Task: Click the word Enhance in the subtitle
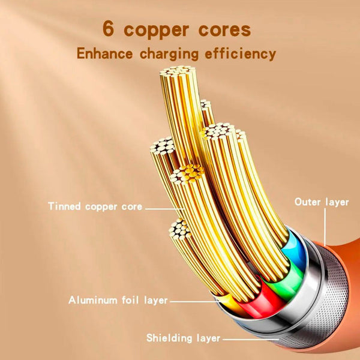click(105, 53)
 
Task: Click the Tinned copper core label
click(95, 207)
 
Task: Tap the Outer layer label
click(321, 202)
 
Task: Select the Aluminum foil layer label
click(118, 299)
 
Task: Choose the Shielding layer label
click(183, 338)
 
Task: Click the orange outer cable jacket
click(336, 264)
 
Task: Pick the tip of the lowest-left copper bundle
click(179, 228)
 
